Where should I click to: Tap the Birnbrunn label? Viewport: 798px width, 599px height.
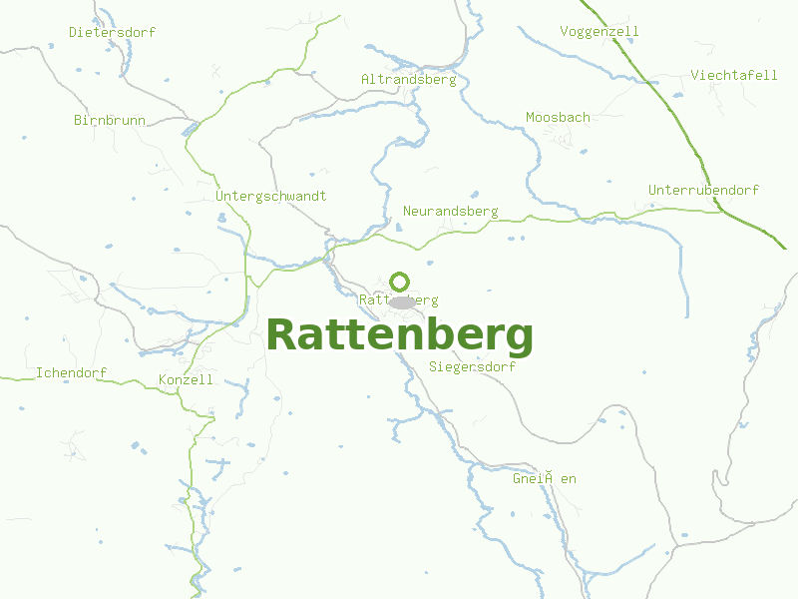click(110, 121)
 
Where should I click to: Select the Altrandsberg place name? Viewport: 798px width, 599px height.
click(408, 79)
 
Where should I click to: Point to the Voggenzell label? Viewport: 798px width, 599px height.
click(599, 31)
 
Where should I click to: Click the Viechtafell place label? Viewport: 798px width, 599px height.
click(734, 76)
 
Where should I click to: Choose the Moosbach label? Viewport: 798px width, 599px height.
click(558, 118)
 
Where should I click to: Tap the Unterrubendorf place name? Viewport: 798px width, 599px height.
click(703, 190)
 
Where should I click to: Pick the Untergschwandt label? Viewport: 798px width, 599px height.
click(270, 197)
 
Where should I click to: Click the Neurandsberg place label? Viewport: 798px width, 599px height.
click(450, 212)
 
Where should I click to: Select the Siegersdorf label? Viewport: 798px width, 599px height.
click(472, 366)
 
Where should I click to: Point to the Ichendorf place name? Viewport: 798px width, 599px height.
click(71, 373)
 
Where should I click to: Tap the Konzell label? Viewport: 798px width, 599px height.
click(186, 380)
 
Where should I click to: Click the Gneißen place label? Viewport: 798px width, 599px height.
click(544, 479)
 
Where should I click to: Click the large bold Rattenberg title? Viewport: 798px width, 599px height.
click(399, 335)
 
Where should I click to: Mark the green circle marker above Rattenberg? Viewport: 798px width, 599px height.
click(400, 282)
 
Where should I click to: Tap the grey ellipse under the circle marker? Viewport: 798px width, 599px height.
click(401, 301)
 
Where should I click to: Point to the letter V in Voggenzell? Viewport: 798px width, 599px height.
click(565, 31)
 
